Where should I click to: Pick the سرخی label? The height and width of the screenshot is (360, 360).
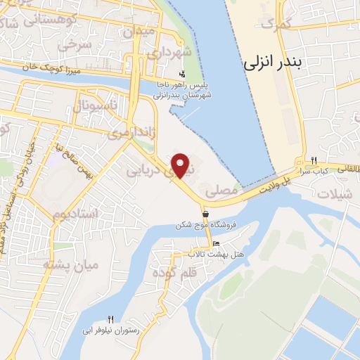pos(76,45)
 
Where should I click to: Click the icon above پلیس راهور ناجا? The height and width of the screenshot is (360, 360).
pos(182,74)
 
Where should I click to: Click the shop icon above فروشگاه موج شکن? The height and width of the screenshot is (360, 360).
pos(205,214)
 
